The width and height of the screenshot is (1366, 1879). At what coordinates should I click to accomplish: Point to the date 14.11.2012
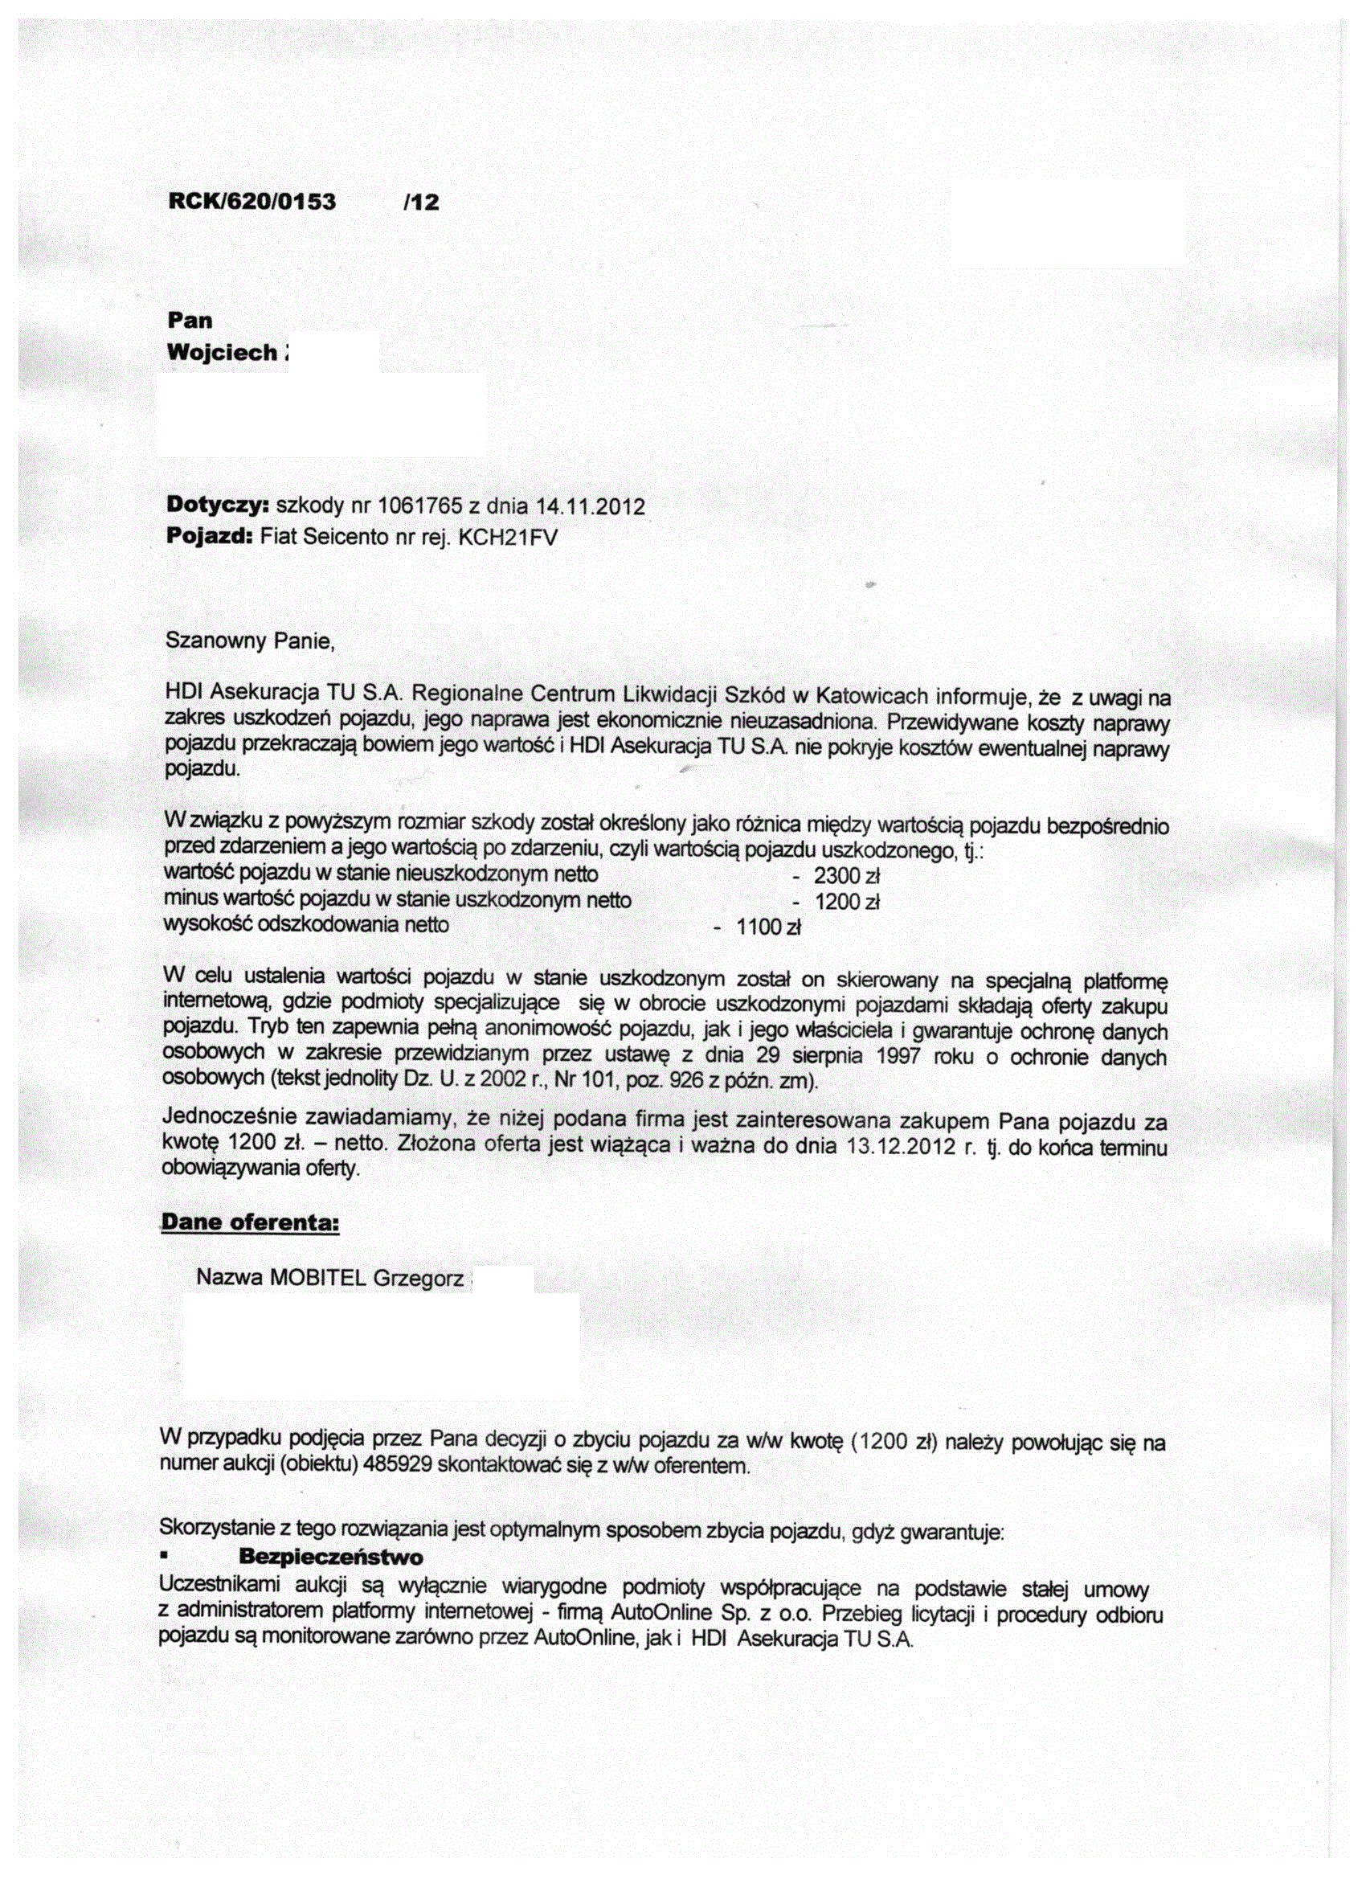pyautogui.click(x=590, y=506)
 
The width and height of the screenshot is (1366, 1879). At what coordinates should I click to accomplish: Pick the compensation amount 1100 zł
pyautogui.click(x=768, y=928)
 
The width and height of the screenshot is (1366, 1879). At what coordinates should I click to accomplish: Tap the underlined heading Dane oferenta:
pyautogui.click(x=250, y=1223)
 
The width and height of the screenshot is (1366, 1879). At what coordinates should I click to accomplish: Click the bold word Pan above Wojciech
pyautogui.click(x=190, y=321)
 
